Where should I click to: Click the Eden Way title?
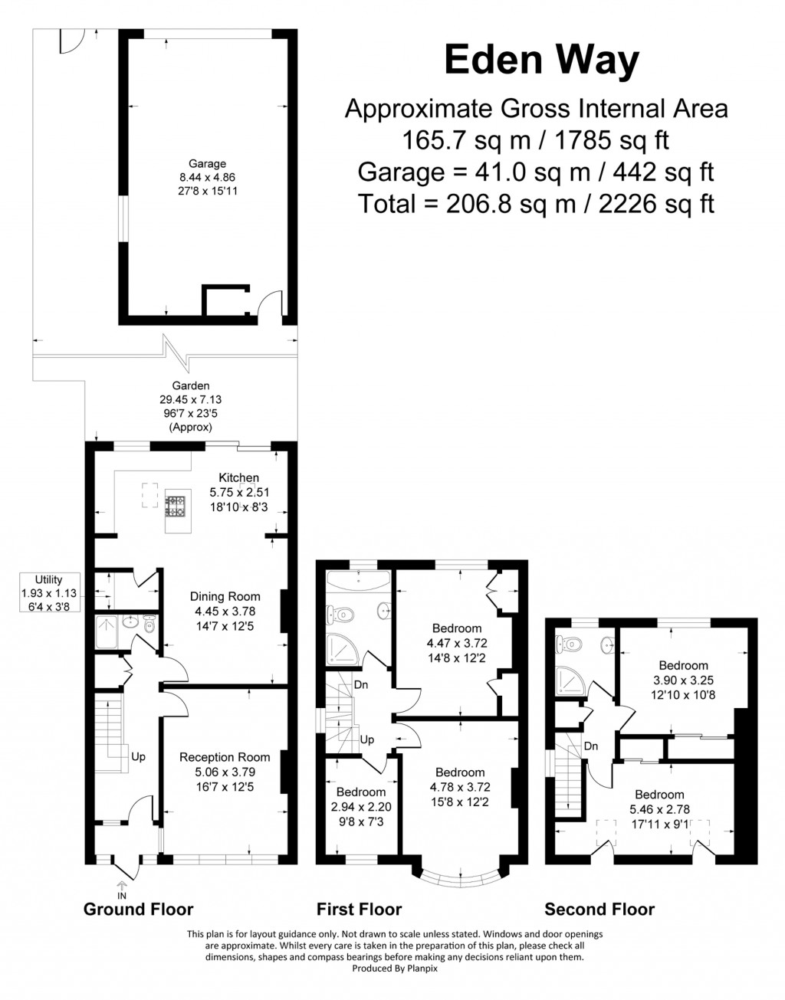(541, 61)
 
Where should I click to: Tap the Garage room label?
(207, 163)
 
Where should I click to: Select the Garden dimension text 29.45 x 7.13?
(191, 399)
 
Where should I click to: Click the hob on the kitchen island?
(177, 506)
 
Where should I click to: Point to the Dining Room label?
(225, 597)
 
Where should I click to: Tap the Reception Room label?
(225, 758)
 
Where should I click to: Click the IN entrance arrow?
(121, 889)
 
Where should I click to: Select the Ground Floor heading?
(138, 910)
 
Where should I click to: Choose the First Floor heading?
(359, 910)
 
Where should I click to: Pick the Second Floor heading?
(599, 910)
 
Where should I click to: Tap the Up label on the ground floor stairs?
(138, 757)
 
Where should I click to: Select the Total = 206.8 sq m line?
(536, 204)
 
